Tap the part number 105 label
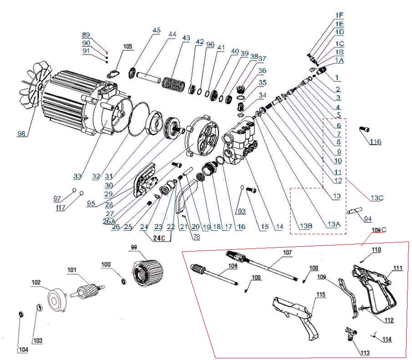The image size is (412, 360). coord(128,46)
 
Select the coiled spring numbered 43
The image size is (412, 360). coord(174,84)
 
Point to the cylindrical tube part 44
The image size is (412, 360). coord(150,78)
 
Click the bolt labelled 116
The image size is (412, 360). coord(364,129)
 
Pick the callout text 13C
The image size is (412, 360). coord(376,198)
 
